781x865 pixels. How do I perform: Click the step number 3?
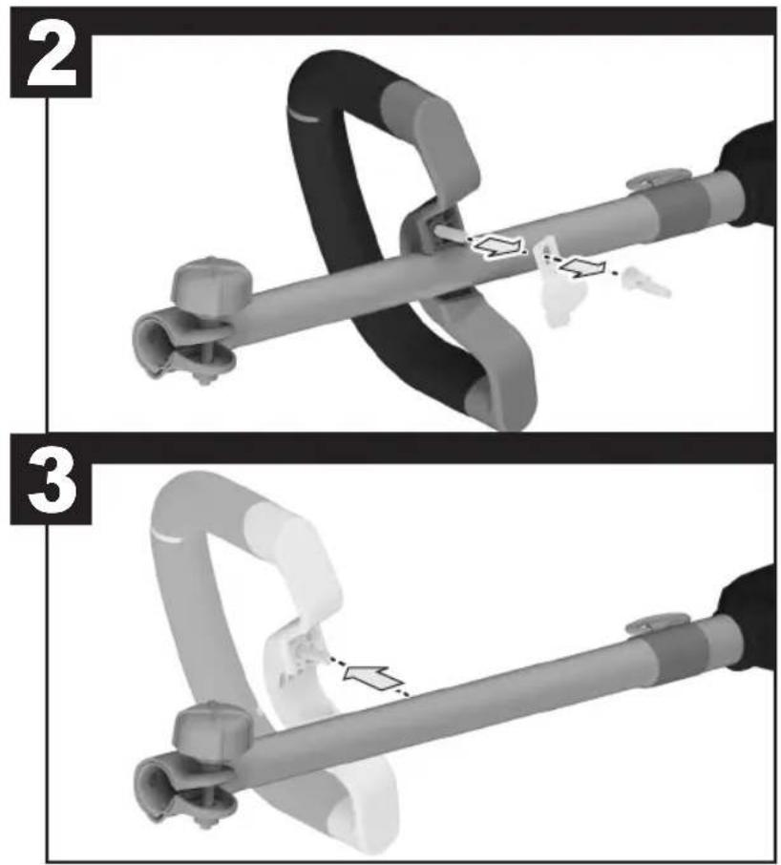click(52, 484)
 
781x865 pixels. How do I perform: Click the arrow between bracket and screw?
click(582, 268)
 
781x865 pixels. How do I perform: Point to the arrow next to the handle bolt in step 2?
click(497, 246)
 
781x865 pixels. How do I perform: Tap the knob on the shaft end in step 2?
click(211, 283)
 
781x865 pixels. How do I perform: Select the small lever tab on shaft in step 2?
click(658, 179)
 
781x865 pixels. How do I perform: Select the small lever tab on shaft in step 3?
click(658, 623)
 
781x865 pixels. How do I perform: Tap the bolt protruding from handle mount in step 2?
click(450, 232)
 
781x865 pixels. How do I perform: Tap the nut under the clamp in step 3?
click(204, 823)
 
